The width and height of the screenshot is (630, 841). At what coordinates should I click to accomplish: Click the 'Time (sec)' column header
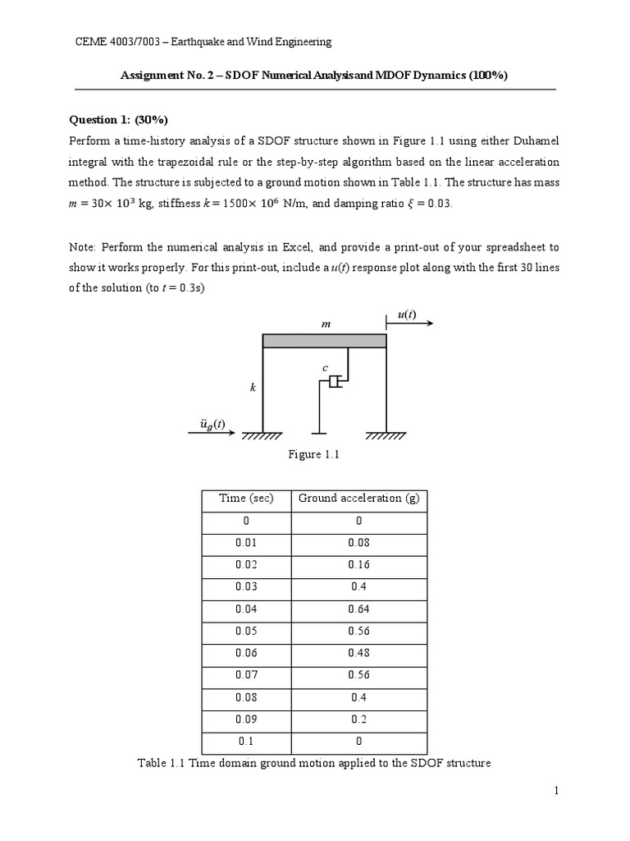246,499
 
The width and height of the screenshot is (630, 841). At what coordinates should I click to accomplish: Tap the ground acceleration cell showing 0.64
358,609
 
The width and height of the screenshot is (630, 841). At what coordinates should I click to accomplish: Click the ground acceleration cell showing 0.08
358,542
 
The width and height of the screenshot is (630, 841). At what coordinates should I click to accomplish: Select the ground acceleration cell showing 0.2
358,719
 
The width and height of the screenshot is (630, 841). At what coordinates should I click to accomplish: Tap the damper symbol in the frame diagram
334,382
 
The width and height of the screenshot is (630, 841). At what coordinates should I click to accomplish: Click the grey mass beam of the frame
324,341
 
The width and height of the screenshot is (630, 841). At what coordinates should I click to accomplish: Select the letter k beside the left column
253,386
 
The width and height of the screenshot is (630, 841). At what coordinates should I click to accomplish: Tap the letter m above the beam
325,325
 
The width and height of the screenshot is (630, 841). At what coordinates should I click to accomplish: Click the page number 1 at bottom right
555,790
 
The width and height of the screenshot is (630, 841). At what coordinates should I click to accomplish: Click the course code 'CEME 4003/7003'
116,42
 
